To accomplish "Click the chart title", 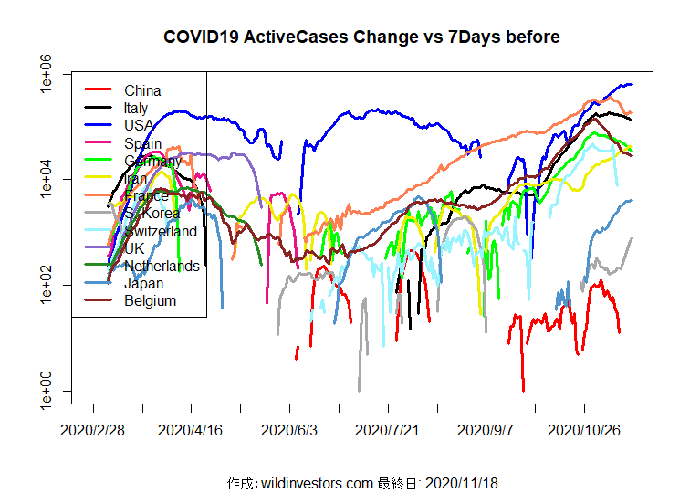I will (x=361, y=37).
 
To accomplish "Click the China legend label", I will (x=142, y=90).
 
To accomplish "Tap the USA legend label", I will (x=141, y=125).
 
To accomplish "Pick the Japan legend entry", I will (x=144, y=283).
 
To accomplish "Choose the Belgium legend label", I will (x=150, y=300).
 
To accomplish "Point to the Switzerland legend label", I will (x=161, y=231).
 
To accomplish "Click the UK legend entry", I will (x=135, y=248).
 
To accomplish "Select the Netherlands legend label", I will (x=162, y=266).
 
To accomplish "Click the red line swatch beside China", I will (x=98, y=90).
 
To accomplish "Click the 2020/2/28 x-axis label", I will (x=92, y=428).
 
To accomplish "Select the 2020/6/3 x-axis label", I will (x=289, y=428).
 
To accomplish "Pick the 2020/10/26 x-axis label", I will (x=584, y=428).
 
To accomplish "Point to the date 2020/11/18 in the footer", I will (x=461, y=482).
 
